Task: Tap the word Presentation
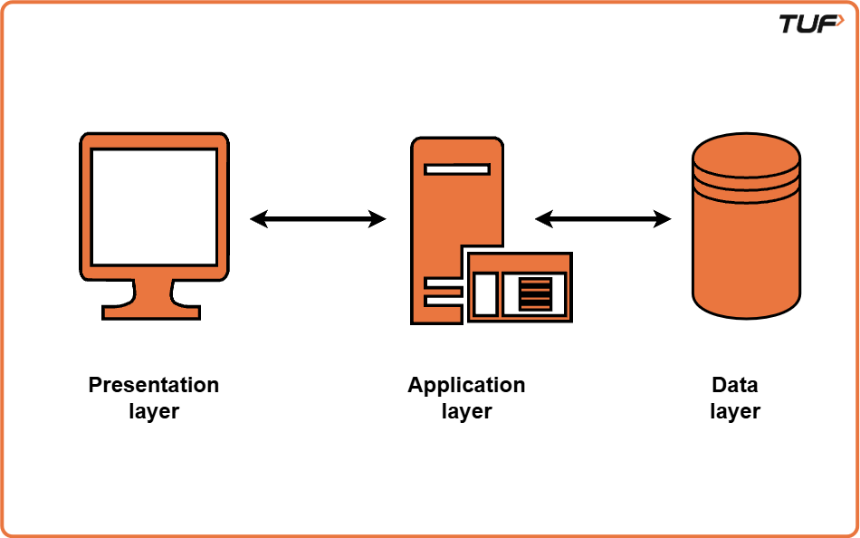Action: click(x=153, y=385)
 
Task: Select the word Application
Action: click(x=466, y=385)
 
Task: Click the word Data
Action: click(x=734, y=385)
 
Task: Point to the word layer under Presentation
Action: click(x=153, y=411)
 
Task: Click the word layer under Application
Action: click(x=466, y=411)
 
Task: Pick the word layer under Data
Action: click(x=734, y=411)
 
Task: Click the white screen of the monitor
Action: click(x=154, y=207)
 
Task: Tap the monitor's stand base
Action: click(x=151, y=312)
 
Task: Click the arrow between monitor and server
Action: click(x=318, y=218)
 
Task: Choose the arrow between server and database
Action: click(x=603, y=218)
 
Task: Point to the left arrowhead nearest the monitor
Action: click(x=259, y=218)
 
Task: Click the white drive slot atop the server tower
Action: click(x=456, y=168)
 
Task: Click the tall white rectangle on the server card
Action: click(x=485, y=294)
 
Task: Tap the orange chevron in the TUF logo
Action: click(x=839, y=21)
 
